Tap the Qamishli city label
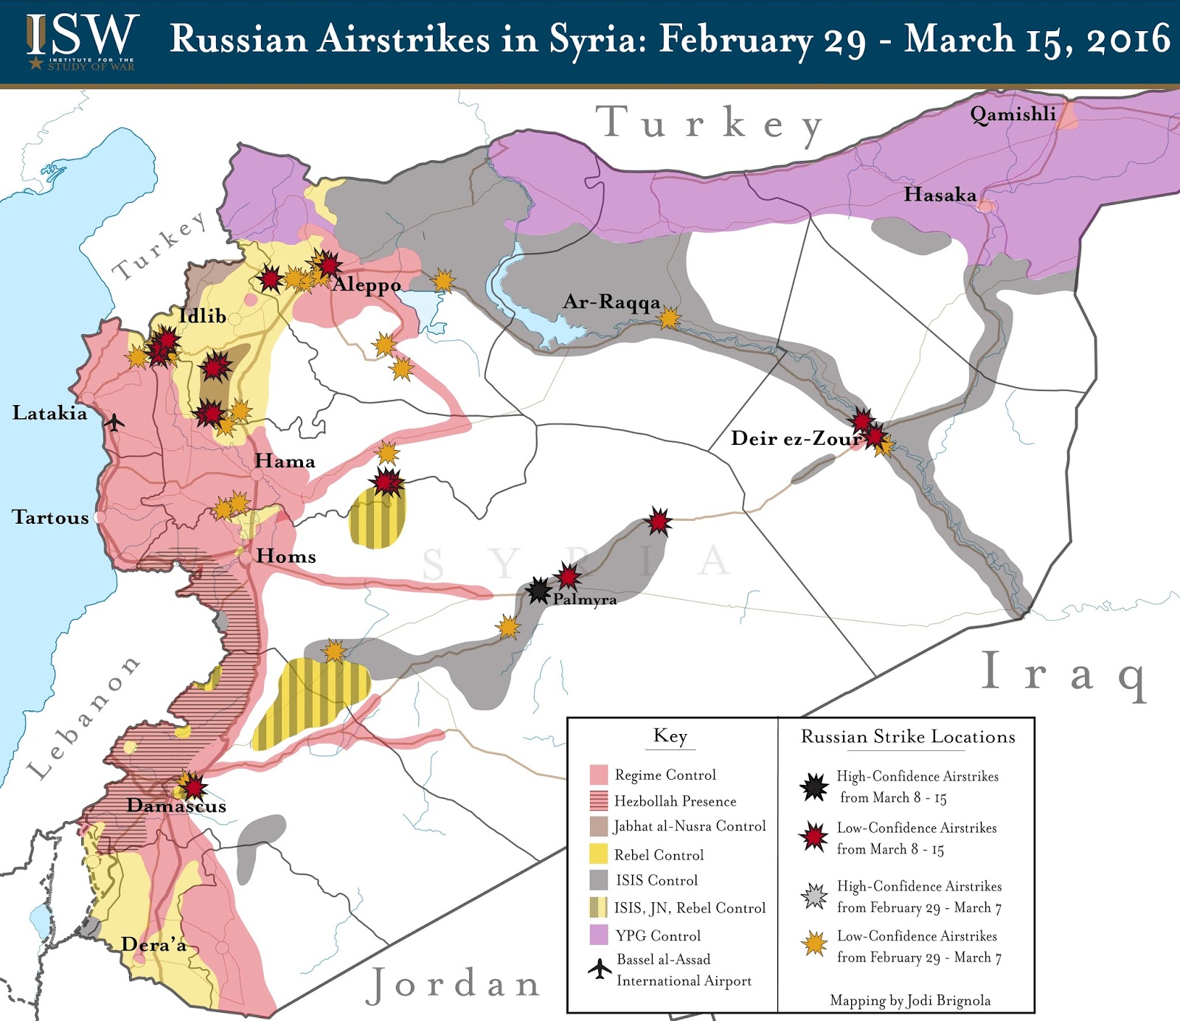coord(1012,114)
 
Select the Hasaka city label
coord(940,195)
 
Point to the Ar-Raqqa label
coord(611,302)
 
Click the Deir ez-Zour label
coord(796,438)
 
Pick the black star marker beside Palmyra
coord(539,590)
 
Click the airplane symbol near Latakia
coord(114,423)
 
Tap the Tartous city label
coord(50,517)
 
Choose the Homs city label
coord(286,556)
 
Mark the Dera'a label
coord(153,944)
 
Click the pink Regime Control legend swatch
coord(598,775)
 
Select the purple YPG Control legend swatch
coord(598,935)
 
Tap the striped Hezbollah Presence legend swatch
coord(598,800)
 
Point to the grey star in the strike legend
coord(814,896)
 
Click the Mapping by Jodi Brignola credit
coord(909,1000)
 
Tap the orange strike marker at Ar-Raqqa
coord(669,319)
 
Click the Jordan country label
coord(454,984)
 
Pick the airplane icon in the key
coord(600,968)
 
